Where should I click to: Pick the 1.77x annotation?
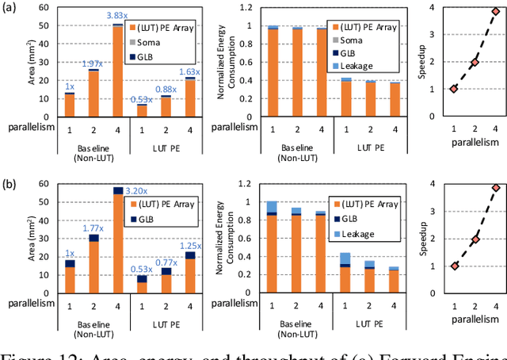[94, 228]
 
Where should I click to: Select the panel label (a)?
[10, 9]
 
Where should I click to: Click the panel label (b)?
[10, 186]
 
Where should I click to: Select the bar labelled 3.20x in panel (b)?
[117, 246]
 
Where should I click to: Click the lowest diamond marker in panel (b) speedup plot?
[454, 266]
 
